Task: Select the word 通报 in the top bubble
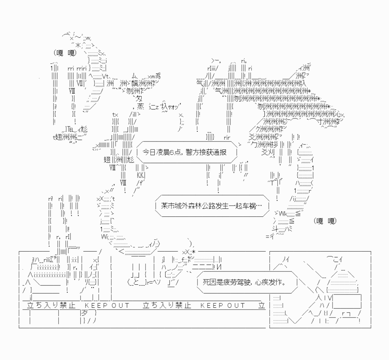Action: pos(220,152)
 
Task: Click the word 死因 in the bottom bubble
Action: pos(209,282)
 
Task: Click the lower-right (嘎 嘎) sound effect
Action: pos(325,220)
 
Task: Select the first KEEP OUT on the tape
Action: pos(107,306)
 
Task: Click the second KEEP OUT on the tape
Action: pos(223,306)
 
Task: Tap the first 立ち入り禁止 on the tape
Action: pos(52,306)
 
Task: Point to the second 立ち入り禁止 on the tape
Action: pos(167,306)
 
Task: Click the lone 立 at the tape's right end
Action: pos(262,306)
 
